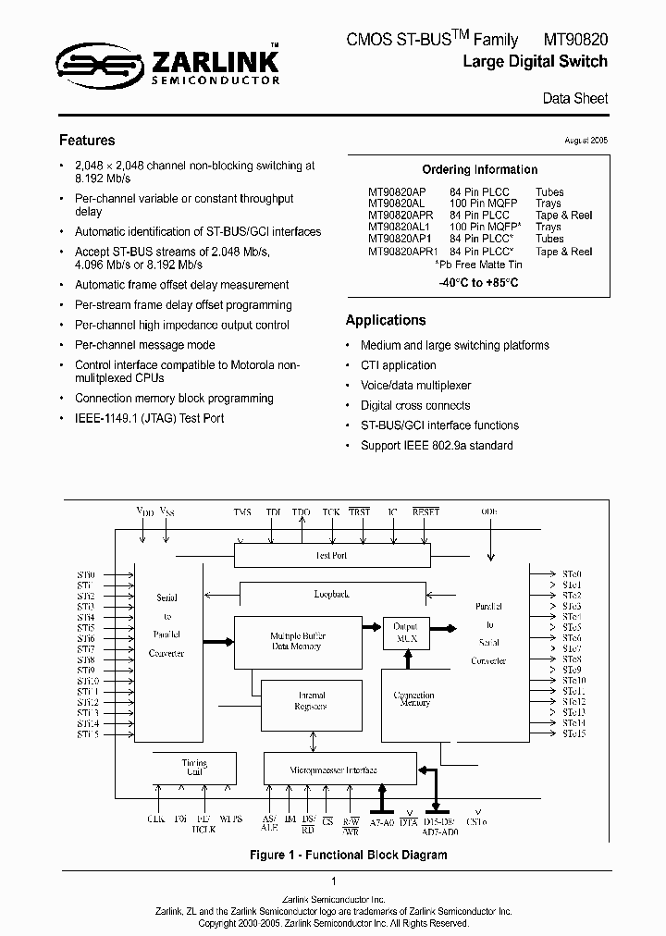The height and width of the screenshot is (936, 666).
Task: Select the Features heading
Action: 87,141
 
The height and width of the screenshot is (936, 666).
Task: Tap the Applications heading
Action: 386,320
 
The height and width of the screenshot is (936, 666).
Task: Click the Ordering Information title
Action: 479,170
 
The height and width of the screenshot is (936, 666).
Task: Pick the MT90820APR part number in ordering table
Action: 401,216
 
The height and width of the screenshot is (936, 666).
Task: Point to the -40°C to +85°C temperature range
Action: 478,282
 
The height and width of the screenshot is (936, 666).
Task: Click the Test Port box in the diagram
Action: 330,556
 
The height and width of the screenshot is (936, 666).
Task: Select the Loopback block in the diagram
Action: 330,596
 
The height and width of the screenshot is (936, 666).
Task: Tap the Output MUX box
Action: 406,632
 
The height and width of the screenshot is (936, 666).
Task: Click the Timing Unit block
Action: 194,768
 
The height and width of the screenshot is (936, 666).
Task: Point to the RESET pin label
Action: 425,511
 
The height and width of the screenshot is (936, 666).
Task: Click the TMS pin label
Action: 242,511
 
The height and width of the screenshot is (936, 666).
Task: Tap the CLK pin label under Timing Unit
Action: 155,819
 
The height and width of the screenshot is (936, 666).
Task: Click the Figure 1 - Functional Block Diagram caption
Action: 349,856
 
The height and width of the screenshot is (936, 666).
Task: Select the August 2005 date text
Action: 586,141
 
